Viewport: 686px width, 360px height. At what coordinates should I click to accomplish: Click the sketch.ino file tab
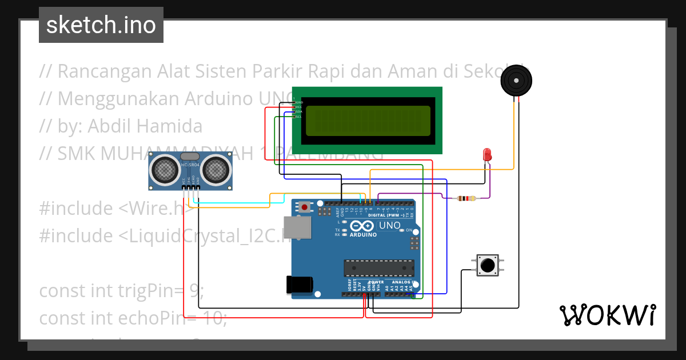[x=101, y=25]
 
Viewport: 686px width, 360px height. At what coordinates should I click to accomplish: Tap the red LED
[x=487, y=154]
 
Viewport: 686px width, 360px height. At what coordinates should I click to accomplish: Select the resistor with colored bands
[x=466, y=198]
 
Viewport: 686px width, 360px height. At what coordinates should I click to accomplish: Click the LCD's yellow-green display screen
[x=368, y=121]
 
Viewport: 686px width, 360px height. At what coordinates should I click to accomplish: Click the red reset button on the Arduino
[x=305, y=207]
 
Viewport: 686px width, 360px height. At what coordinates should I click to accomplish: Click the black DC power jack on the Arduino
[x=299, y=285]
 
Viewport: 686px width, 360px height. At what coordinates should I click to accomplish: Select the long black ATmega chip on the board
[x=378, y=267]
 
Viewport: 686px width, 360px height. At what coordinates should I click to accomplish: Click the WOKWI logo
[x=607, y=315]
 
